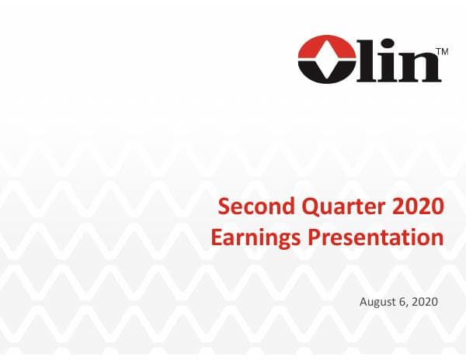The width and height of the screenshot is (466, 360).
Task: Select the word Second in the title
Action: (252, 206)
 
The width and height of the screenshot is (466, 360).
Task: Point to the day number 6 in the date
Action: (405, 300)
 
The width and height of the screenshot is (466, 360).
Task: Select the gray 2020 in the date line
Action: (426, 300)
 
